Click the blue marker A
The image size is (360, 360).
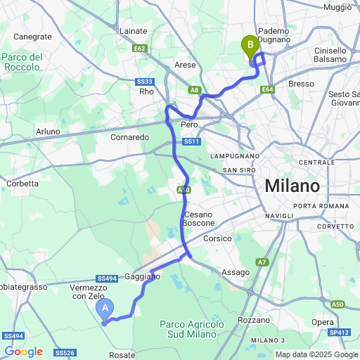105,308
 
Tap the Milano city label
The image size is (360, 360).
292,187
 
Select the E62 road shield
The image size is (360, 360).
140,49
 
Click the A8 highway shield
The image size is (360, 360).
195,89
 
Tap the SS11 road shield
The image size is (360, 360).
191,142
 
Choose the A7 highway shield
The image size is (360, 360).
262,262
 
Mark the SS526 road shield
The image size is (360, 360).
64,352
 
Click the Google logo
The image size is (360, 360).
22,352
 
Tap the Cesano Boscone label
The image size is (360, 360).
199,219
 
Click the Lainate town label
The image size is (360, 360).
134,31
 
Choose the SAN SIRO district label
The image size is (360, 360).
237,170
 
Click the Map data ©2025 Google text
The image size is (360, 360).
316,354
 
